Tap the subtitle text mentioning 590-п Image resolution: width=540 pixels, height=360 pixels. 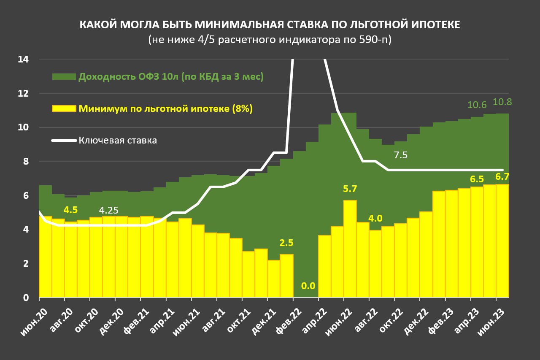(270, 40)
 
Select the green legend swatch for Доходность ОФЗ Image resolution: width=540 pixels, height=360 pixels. (64, 76)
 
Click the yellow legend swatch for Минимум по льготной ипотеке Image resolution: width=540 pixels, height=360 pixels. (64, 108)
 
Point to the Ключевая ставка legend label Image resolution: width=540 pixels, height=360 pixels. (118, 141)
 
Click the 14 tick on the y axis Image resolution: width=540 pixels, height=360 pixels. (23, 60)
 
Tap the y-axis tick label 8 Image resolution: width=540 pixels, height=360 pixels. (25, 162)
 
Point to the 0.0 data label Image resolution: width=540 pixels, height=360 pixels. (308, 286)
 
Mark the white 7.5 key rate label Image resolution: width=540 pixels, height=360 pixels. (400, 155)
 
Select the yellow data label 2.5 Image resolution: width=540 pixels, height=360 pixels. (286, 243)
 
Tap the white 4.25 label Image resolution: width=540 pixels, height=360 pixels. (109, 210)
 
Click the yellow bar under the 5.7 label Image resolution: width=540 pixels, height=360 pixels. (350, 249)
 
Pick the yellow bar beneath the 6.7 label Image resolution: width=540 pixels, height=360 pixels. (502, 241)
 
